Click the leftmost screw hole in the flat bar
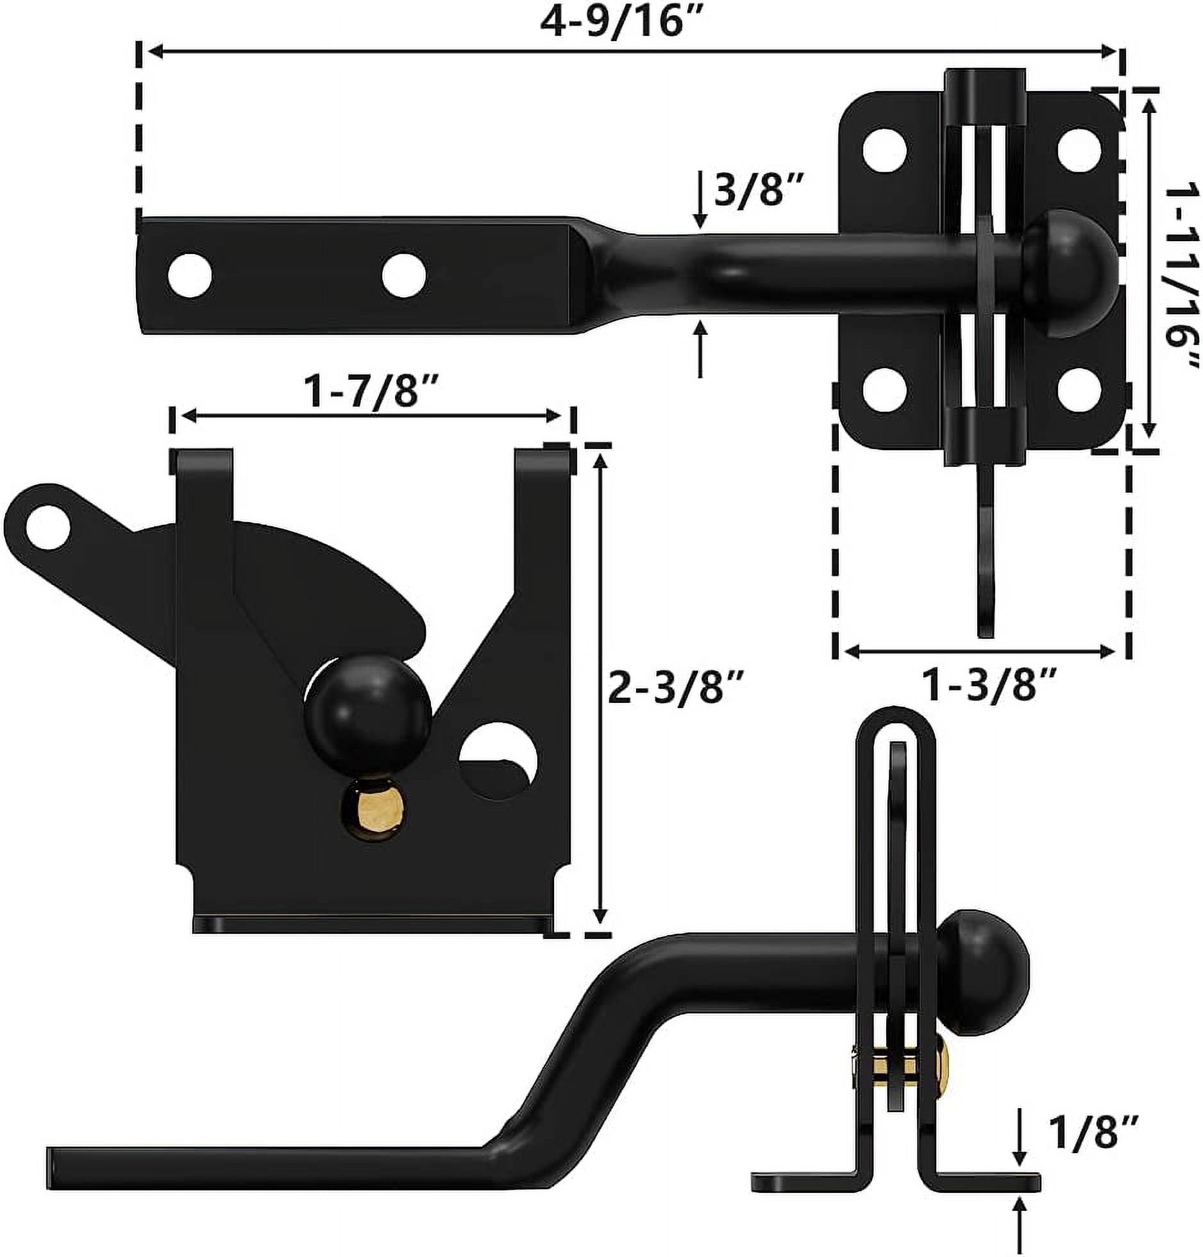[190, 275]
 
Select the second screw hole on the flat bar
[403, 275]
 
